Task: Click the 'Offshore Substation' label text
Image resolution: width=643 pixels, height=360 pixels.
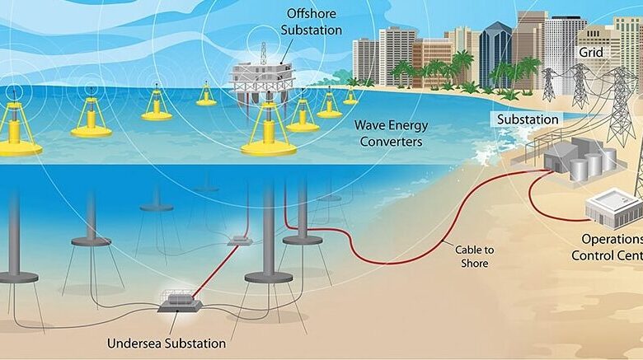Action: click(312, 21)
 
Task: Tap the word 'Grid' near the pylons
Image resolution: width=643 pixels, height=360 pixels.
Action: click(591, 53)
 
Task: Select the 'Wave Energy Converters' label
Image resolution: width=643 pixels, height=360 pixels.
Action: click(391, 133)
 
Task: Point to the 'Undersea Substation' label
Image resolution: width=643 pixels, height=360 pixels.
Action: click(167, 344)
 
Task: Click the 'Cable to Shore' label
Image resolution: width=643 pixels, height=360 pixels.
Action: click(475, 256)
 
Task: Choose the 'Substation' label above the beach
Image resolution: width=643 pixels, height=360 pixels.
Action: click(528, 119)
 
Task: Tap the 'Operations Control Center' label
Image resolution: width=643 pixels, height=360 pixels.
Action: click(608, 247)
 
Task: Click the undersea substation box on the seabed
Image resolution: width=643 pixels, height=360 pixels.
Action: click(180, 303)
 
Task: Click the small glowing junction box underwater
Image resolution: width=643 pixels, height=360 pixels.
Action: click(240, 241)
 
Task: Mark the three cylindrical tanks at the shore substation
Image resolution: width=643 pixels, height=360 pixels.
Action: click(593, 164)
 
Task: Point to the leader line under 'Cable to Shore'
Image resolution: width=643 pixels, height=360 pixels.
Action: click(450, 245)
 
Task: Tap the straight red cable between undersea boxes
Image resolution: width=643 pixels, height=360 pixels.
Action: click(215, 270)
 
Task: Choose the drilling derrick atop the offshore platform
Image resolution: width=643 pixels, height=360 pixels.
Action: click(264, 53)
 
